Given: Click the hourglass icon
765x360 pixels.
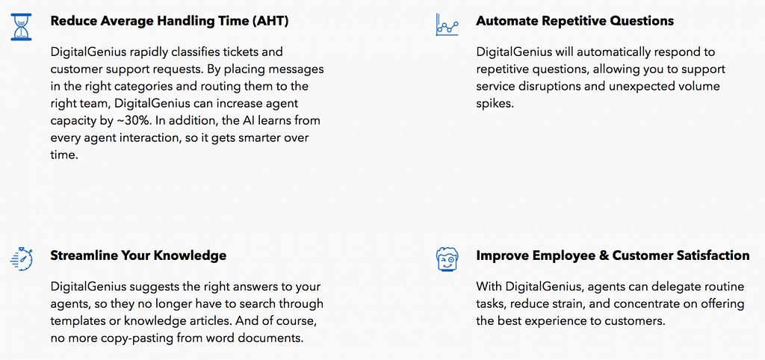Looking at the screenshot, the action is coord(20,26).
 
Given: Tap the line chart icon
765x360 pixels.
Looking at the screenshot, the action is coord(447,25).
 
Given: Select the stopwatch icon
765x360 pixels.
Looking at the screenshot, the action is coord(22,258).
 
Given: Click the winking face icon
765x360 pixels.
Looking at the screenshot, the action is coord(447,258).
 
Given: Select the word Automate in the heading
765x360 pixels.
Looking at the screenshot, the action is coord(507,21).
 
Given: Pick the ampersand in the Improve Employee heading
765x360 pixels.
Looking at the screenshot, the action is coord(604,255).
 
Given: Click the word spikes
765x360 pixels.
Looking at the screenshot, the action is coord(495,103).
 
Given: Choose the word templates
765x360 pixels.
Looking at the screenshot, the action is coord(77,320).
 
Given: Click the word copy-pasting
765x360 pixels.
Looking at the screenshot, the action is coord(128,338).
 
